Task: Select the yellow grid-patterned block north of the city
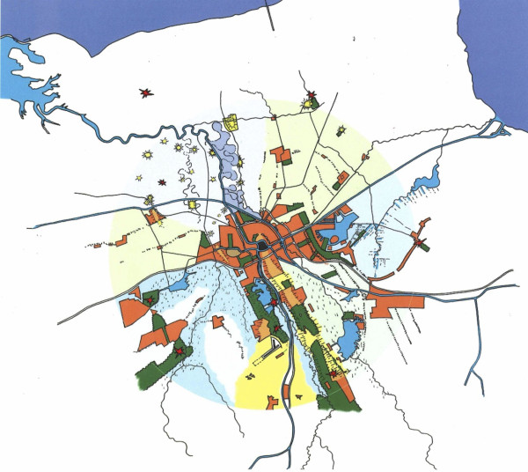232,123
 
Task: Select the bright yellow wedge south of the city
268,374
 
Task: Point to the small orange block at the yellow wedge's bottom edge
273,402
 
